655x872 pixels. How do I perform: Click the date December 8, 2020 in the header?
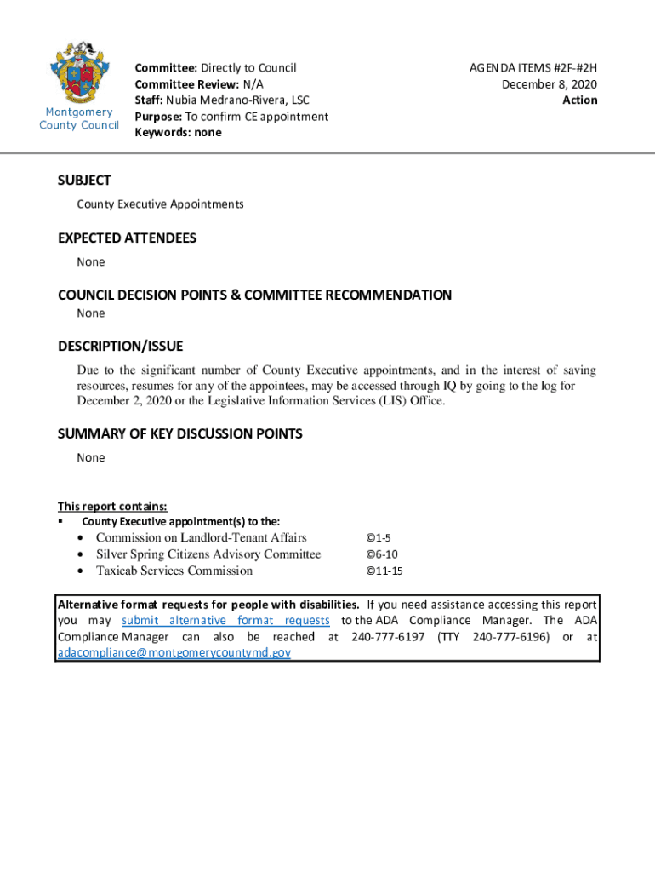(549, 83)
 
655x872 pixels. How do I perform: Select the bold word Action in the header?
(579, 100)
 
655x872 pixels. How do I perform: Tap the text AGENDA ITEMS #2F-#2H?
(533, 67)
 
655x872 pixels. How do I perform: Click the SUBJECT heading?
(84, 181)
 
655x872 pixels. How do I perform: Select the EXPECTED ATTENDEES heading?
(127, 238)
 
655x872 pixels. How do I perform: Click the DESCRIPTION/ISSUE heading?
(120, 347)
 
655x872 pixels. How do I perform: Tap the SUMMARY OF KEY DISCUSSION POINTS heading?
(179, 434)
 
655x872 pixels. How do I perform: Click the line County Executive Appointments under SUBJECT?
(160, 204)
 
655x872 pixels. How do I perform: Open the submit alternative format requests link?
(225, 621)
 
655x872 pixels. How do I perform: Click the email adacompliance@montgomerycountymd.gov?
(174, 653)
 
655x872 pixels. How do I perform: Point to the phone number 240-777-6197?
(388, 637)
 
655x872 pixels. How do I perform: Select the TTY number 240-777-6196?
(510, 637)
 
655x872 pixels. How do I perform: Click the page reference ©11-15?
(384, 571)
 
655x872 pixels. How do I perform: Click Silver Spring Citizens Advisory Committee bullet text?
(208, 554)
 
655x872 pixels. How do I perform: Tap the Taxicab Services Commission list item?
(174, 571)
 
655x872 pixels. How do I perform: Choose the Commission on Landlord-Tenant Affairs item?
(201, 537)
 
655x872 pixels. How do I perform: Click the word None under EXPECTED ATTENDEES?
(91, 262)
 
